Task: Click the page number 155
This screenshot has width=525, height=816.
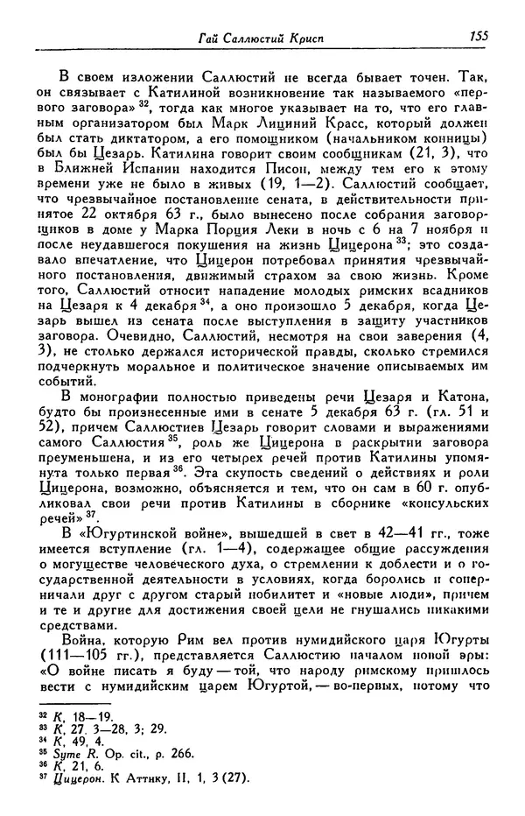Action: [x=478, y=36]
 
